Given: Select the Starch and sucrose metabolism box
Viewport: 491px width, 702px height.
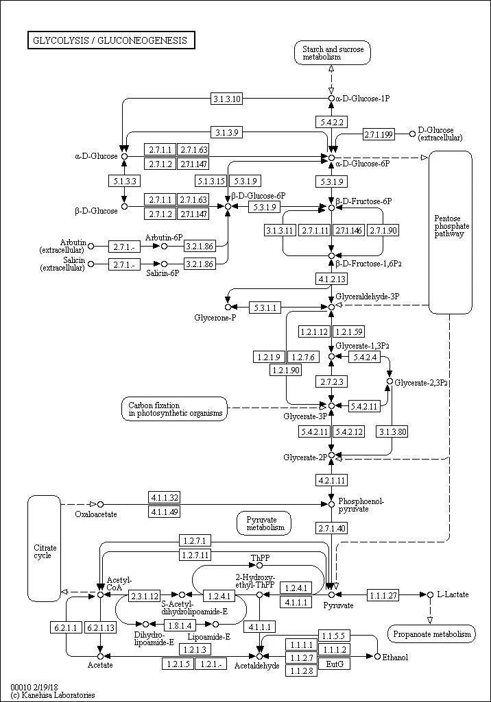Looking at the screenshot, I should tap(331, 53).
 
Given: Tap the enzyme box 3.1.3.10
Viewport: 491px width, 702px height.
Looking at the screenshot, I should tap(226, 99).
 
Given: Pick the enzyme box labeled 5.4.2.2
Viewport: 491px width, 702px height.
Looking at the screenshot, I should tap(331, 122).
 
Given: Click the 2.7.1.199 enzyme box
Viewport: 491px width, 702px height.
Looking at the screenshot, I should tap(379, 134).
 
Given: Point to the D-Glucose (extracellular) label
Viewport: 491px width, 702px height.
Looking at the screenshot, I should tap(440, 134).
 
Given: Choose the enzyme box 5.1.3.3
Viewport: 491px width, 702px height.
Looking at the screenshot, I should tap(123, 181).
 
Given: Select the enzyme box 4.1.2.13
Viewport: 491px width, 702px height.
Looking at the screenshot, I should tap(331, 279).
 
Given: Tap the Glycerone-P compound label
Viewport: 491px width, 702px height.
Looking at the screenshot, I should tap(215, 318).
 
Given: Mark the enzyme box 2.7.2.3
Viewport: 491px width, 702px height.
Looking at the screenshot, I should tap(331, 381).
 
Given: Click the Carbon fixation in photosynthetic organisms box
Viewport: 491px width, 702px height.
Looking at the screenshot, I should tap(176, 409).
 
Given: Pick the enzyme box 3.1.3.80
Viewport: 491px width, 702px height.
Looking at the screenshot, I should tap(392, 431).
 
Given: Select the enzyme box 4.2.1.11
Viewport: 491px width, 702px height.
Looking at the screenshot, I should tap(331, 479).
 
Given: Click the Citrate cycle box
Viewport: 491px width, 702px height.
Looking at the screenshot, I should tap(45, 551).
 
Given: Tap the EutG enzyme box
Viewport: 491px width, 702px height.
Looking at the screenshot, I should tap(334, 664).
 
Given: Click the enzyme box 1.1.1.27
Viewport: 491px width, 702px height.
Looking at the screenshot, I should tap(383, 595).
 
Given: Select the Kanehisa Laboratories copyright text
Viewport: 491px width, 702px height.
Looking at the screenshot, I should tap(53, 695).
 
